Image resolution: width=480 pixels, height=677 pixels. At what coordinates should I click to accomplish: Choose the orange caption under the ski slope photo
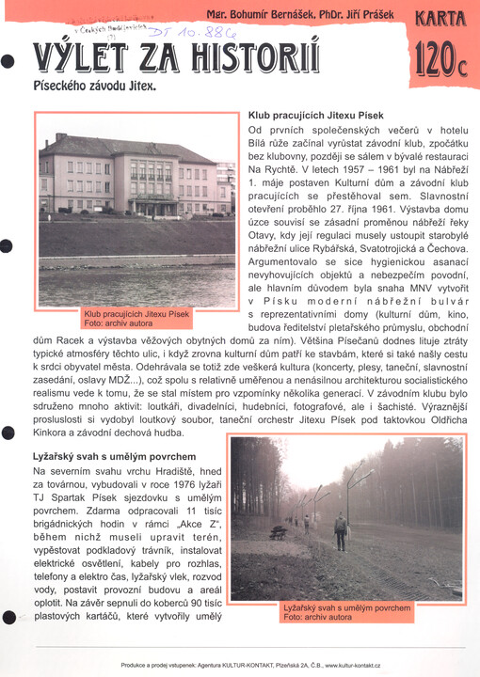346,612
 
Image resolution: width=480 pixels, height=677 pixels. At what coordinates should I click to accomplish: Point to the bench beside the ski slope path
279,532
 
